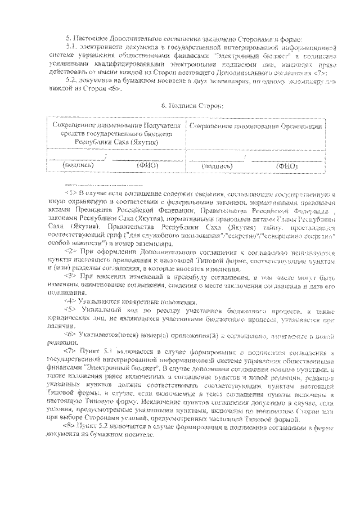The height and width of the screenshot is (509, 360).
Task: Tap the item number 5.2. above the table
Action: tap(73, 82)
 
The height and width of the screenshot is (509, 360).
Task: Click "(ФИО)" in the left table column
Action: tap(148, 166)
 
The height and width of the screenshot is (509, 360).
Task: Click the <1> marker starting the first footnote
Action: tap(70, 192)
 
